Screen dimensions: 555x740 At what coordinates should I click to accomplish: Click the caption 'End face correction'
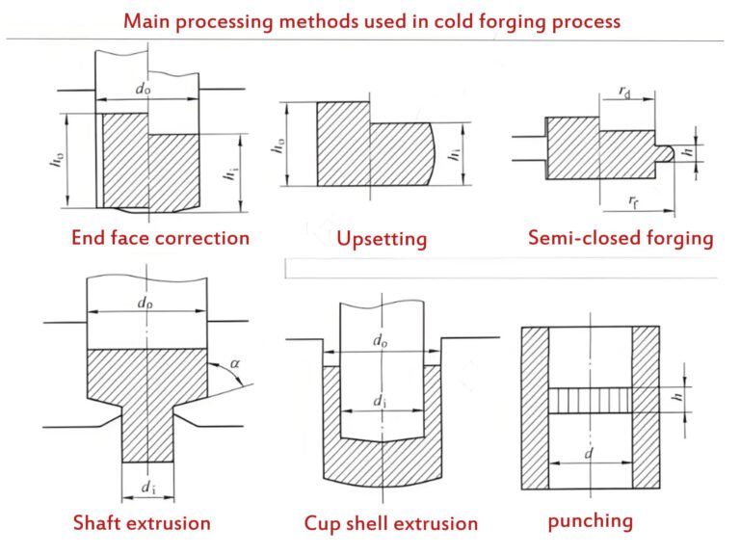pyautogui.click(x=160, y=237)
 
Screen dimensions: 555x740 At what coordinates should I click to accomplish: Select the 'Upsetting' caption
pyautogui.click(x=382, y=238)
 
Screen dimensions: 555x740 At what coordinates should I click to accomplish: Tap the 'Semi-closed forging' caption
pyautogui.click(x=621, y=237)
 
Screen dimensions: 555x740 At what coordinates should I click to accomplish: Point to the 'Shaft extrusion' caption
pyautogui.click(x=142, y=523)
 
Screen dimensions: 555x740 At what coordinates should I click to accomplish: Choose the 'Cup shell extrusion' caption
pyautogui.click(x=390, y=523)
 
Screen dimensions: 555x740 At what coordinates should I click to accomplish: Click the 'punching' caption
pyautogui.click(x=590, y=521)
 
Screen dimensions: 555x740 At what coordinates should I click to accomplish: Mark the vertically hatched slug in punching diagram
pyautogui.click(x=590, y=400)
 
